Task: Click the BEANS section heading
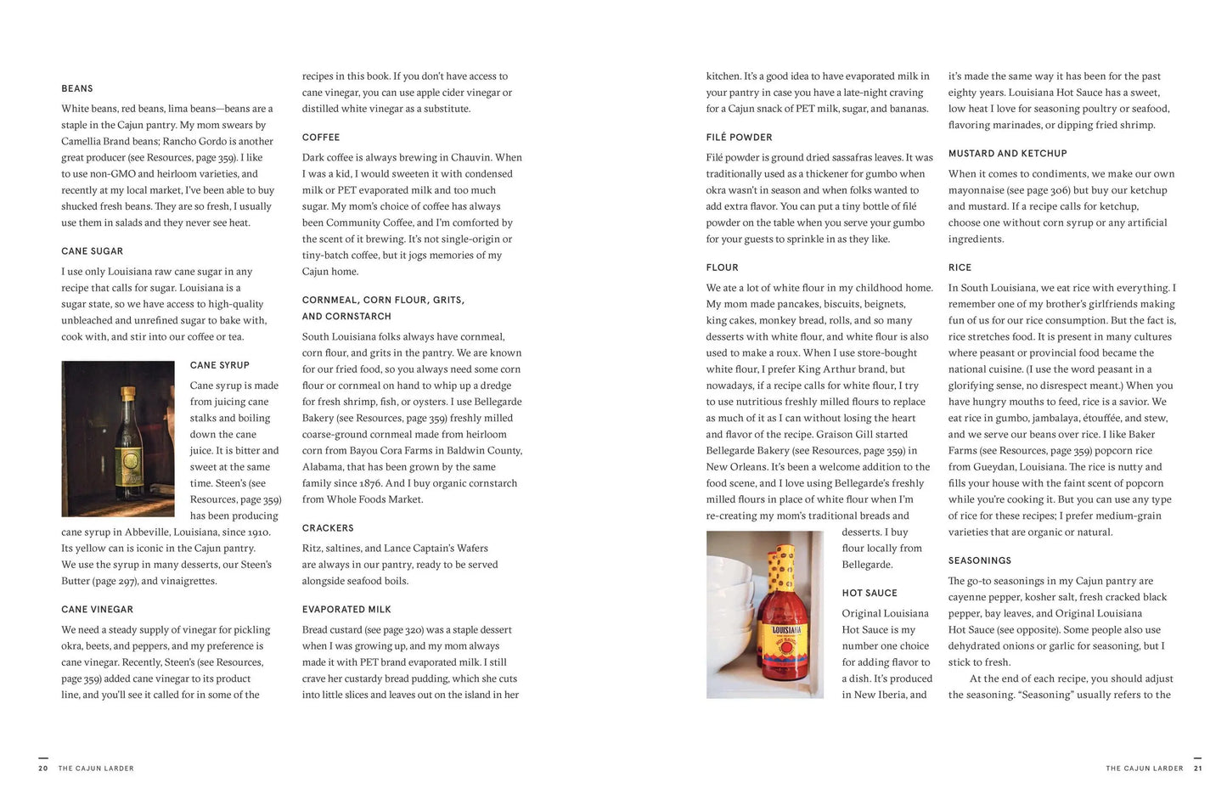pos(77,88)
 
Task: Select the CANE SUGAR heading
pos(92,251)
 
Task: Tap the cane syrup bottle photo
pos(118,439)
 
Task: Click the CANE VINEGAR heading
pos(97,610)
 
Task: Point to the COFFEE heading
pos(321,138)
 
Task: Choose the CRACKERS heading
pos(328,528)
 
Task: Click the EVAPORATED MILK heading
pos(346,610)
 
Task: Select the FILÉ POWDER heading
pos(739,138)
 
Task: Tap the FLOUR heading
pos(722,267)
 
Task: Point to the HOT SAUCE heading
pos(870,594)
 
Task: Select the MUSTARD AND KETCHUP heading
pos(1007,154)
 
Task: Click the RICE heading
pos(960,267)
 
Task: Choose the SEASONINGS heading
pos(979,560)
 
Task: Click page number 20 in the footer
pos(43,769)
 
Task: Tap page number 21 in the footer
pos(1198,769)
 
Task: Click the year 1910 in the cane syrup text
pos(258,532)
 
